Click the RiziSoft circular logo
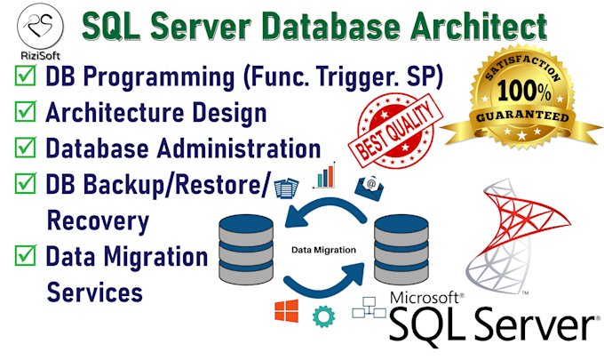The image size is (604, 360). coord(40,26)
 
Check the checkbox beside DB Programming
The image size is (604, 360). coord(26,76)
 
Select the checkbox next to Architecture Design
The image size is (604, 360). coord(26,111)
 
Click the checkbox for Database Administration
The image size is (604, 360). coord(26,148)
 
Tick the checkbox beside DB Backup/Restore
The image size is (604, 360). coord(26,183)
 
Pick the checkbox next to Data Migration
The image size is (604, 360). coord(26,255)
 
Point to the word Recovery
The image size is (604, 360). coord(98,221)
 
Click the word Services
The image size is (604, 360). coord(94,292)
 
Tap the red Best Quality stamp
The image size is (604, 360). coord(395,131)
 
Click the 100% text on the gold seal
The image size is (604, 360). coord(524,92)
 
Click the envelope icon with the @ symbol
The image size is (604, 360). coord(369,188)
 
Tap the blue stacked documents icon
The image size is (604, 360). coord(287,188)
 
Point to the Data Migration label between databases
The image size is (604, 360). coord(323,250)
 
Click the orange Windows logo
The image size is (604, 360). coord(286,310)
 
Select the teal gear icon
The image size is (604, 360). coord(323,316)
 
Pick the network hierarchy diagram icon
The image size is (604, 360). coord(369,308)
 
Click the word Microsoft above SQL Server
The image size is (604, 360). coord(425,298)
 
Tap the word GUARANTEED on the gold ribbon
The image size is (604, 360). coord(522,116)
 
